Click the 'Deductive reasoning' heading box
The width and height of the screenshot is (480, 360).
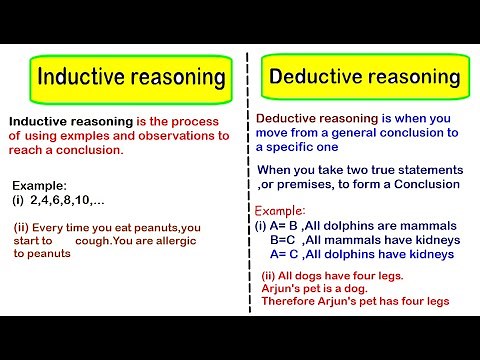[364, 77]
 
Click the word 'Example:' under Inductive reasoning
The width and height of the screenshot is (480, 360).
[41, 186]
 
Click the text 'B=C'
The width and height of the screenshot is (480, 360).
[284, 240]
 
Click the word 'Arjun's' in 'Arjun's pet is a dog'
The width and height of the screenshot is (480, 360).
[286, 288]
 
